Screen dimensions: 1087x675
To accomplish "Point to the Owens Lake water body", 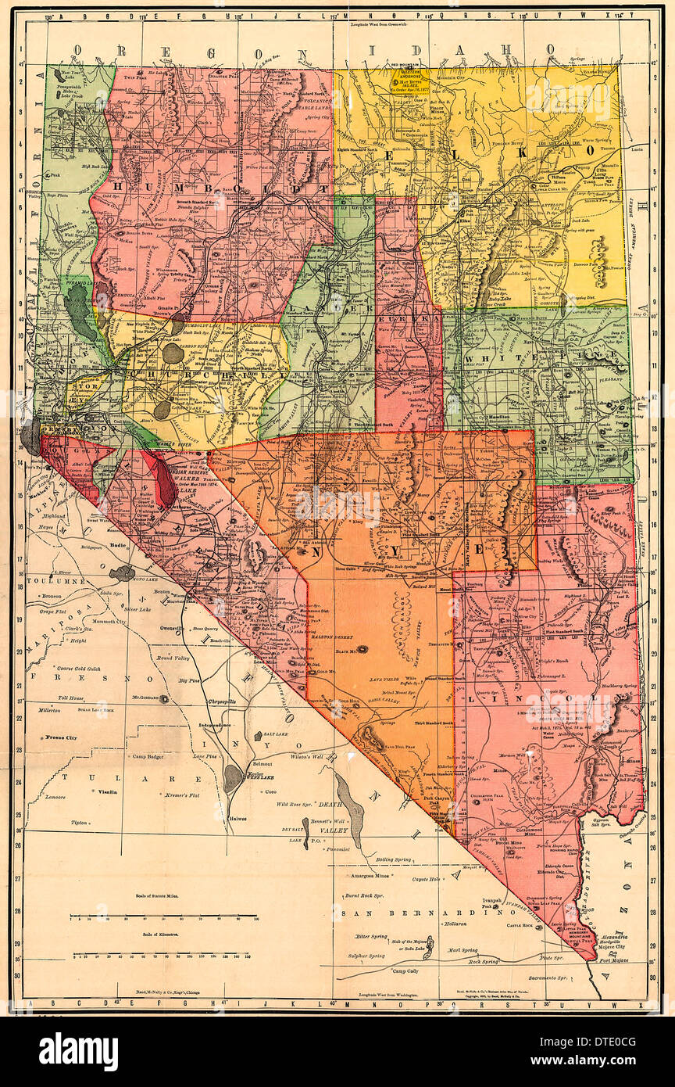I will pyautogui.click(x=232, y=778).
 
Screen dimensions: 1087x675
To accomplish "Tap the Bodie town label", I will pyautogui.click(x=118, y=543).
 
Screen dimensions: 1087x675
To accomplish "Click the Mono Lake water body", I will pyautogui.click(x=122, y=573).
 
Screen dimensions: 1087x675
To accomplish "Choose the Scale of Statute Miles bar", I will pyautogui.click(x=163, y=916).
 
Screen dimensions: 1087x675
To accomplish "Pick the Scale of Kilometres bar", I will pyautogui.click(x=163, y=955).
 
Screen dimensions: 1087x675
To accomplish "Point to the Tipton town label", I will pyautogui.click(x=79, y=823).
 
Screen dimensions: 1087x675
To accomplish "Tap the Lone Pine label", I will pyautogui.click(x=205, y=757).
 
